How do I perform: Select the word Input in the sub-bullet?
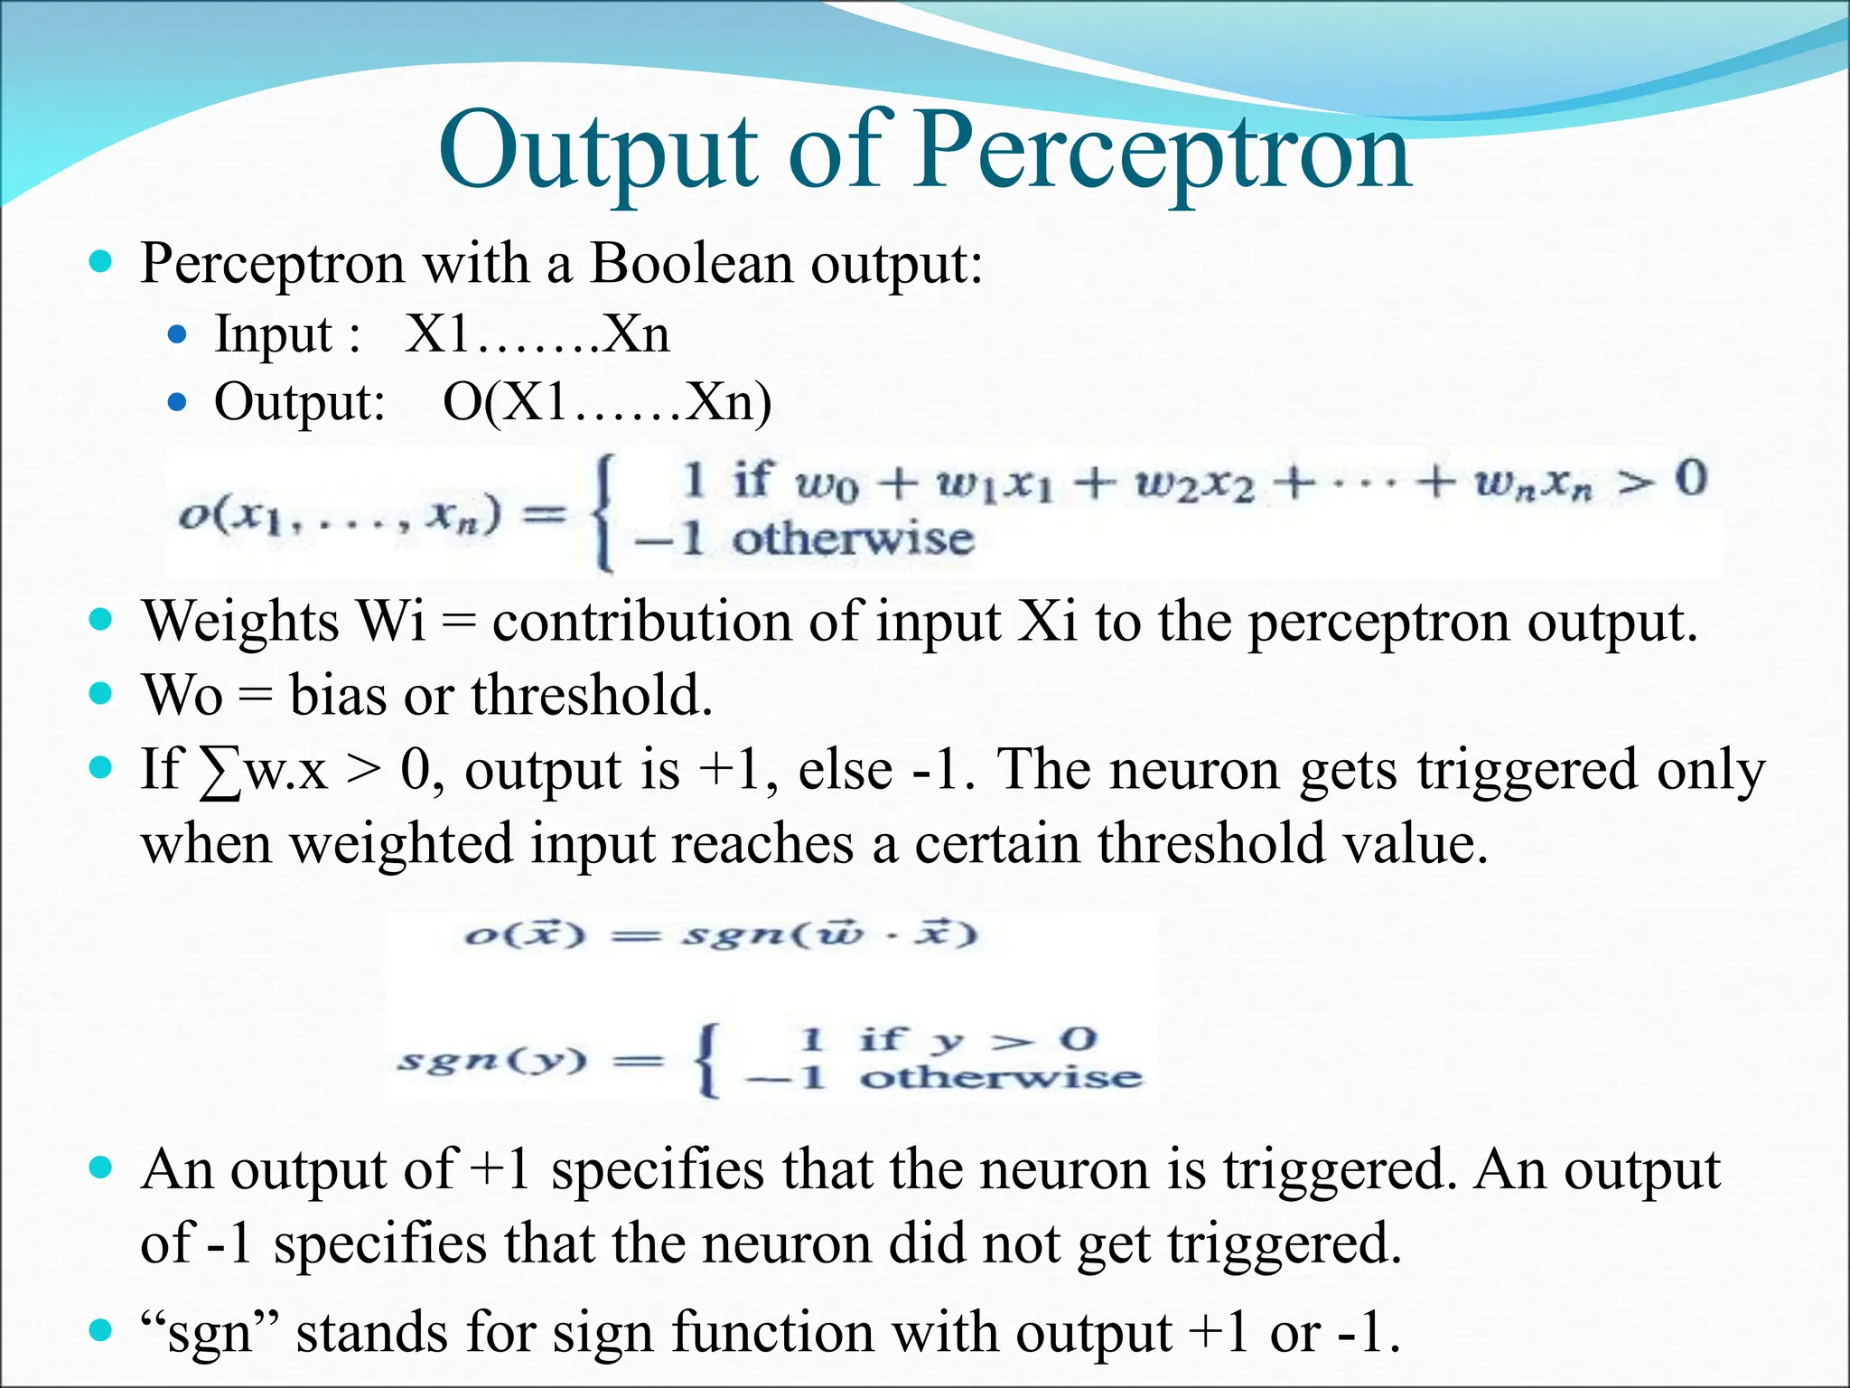coord(274,334)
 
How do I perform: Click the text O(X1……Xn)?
coord(607,402)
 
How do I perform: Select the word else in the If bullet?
coord(846,770)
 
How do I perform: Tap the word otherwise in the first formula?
coord(852,539)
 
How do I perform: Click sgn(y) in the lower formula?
coord(492,1059)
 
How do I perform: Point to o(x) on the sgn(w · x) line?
coord(525,933)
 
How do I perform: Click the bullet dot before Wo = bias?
coord(101,695)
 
